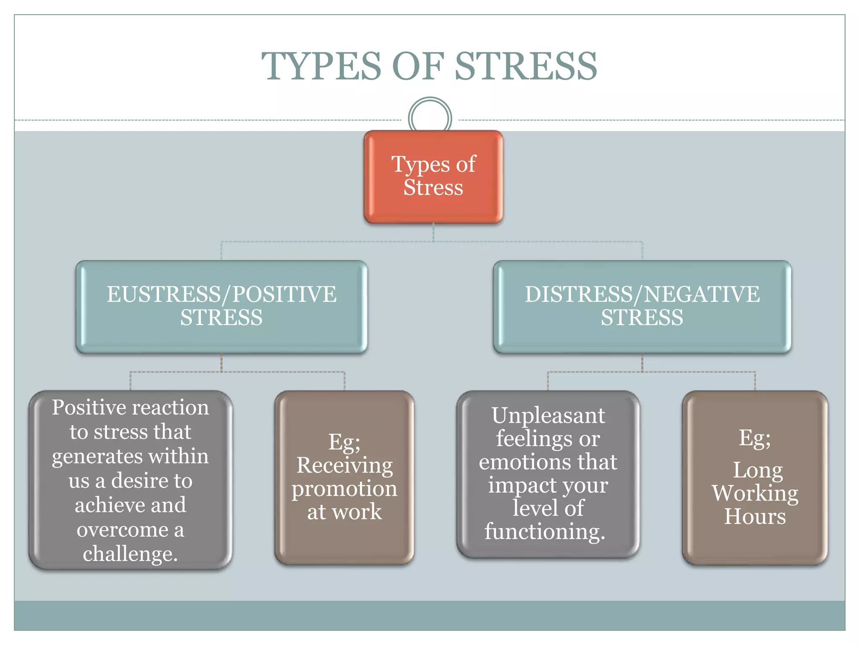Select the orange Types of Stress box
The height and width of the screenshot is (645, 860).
tap(433, 176)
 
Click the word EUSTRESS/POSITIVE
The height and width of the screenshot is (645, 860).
tap(221, 294)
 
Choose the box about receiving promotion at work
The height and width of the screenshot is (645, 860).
tap(344, 477)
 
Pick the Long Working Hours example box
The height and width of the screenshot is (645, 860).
tap(755, 477)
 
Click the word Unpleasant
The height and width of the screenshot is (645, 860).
tap(548, 416)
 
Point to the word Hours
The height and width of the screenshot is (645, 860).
tap(755, 517)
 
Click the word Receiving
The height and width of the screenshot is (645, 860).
tap(344, 465)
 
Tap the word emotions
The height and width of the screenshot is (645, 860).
tap(525, 462)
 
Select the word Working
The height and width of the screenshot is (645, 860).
tap(755, 493)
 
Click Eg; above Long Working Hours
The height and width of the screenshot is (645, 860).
tap(755, 438)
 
